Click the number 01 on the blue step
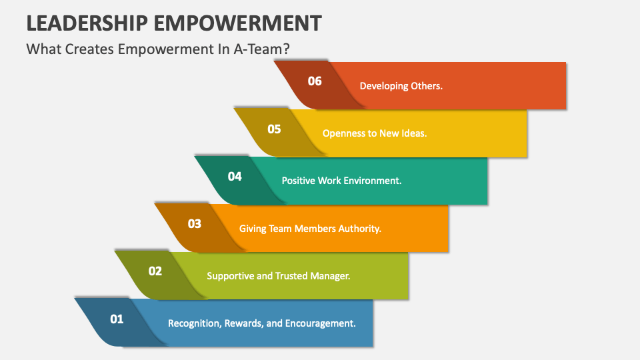coord(117,319)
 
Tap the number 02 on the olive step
coord(155,271)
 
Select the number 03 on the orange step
coord(195,224)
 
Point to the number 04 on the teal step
coord(235,177)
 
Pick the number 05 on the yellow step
coord(275,129)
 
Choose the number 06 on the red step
coord(315,81)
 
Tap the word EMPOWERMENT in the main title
coord(236,22)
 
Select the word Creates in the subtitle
coord(88,49)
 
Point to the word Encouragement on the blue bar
coord(321,323)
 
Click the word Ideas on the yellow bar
coord(413,133)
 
